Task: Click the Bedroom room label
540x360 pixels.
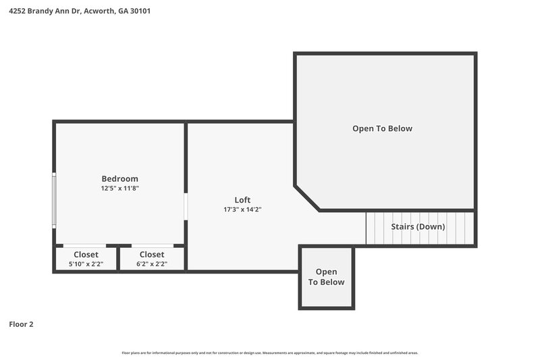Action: tap(119, 178)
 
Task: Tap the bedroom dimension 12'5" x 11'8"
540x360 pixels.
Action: tap(119, 188)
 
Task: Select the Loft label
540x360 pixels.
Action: tap(242, 199)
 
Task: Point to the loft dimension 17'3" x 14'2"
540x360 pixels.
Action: tap(242, 209)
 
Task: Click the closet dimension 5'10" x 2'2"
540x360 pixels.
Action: tap(86, 264)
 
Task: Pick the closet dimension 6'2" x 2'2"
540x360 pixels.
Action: tap(151, 264)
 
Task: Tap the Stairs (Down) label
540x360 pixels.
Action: tap(418, 226)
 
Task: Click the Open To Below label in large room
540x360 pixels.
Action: tap(382, 128)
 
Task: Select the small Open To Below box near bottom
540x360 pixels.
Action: tap(326, 277)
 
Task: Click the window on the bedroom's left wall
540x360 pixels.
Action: tap(54, 200)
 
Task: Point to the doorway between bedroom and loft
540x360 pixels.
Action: tap(186, 206)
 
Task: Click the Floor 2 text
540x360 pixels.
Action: tap(21, 324)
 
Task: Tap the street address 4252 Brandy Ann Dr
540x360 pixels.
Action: tap(44, 11)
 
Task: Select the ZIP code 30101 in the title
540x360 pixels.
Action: tap(139, 11)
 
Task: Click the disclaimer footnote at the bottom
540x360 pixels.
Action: tap(269, 353)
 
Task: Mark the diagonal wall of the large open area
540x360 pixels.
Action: tap(307, 198)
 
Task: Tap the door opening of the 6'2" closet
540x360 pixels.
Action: tap(152, 245)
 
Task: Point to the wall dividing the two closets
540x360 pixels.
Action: tap(118, 258)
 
